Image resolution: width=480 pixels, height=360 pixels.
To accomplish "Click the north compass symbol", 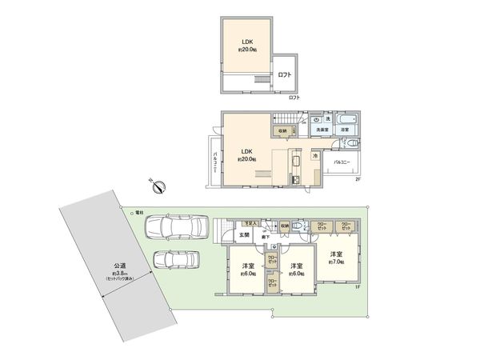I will [x=158, y=187].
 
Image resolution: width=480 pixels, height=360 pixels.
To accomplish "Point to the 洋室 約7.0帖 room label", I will [x=336, y=258].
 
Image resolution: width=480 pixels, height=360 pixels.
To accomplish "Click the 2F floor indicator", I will [x=359, y=179].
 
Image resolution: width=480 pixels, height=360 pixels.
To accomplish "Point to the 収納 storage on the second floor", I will [x=282, y=131].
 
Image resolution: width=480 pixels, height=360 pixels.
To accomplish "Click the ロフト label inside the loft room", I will [x=285, y=75].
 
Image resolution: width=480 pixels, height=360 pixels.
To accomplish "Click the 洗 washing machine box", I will [x=328, y=118].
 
